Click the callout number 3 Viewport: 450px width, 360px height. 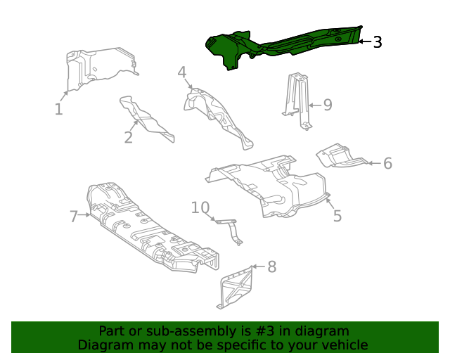[378, 42]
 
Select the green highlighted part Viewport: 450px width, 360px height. [281, 46]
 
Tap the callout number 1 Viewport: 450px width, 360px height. [59, 109]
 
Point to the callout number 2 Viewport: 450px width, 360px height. [128, 137]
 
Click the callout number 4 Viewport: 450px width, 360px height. [181, 72]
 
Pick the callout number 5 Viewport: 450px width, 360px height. [337, 216]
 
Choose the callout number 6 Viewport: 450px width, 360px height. [387, 164]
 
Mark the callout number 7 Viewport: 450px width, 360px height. [74, 216]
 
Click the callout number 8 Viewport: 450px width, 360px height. [271, 267]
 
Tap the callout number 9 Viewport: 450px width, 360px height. [327, 105]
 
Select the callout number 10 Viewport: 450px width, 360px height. [200, 207]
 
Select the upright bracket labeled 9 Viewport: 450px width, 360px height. [297, 98]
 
